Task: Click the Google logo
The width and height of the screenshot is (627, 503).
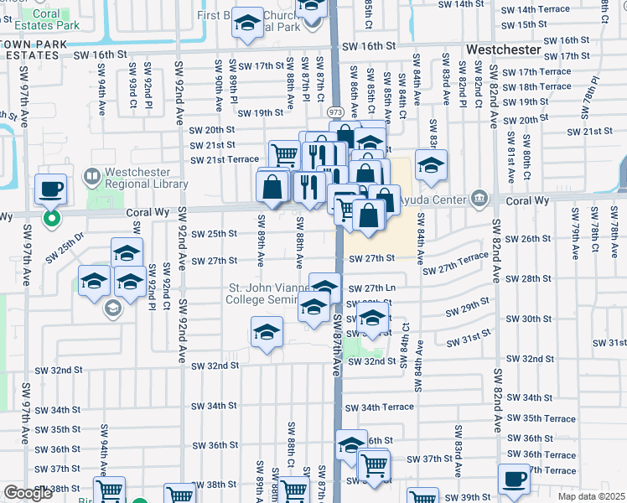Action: tap(28, 493)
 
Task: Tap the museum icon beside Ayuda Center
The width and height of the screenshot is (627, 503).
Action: tap(479, 198)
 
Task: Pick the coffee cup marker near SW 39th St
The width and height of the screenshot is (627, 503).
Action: tap(514, 480)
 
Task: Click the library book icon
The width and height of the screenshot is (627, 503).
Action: tap(91, 177)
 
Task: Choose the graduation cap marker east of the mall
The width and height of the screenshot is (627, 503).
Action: tap(431, 165)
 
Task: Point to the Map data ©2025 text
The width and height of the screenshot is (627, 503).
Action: tap(591, 496)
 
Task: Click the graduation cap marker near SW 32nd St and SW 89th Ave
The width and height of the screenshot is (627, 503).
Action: tap(266, 333)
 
